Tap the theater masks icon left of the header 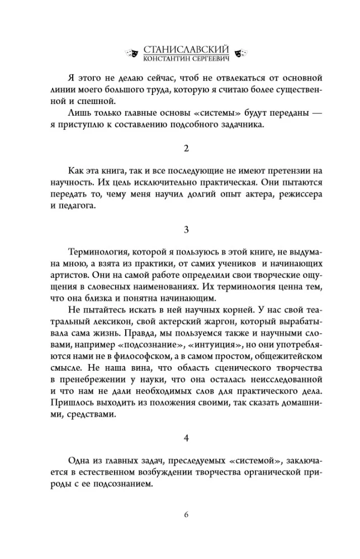pyautogui.click(x=132, y=53)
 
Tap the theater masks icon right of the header pyautogui.click(x=242, y=53)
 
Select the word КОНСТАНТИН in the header pyautogui.click(x=165, y=58)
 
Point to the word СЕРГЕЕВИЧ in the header pyautogui.click(x=210, y=58)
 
